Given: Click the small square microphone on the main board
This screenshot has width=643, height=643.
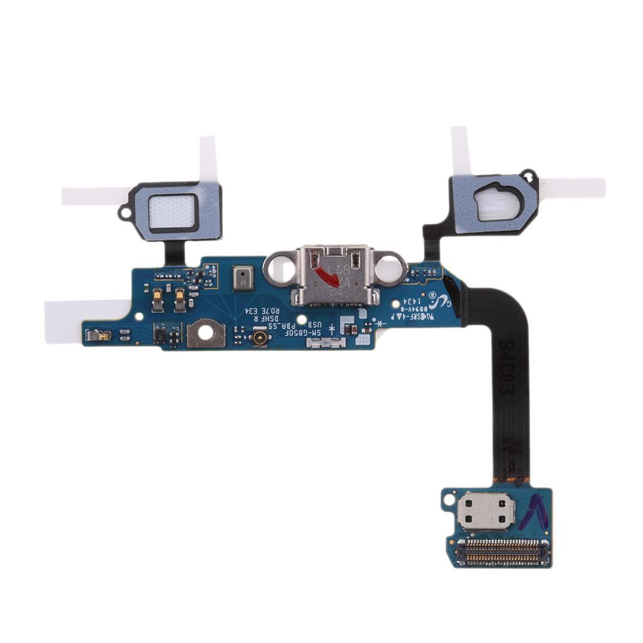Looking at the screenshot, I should coord(242,278).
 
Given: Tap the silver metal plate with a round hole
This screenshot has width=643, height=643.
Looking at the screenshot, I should coord(205,333).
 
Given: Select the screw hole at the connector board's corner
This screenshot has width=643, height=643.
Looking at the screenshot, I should coord(448,501).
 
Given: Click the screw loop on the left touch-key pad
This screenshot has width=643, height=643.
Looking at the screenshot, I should coord(126,212).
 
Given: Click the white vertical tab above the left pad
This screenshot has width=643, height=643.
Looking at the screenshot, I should coord(208,159).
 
